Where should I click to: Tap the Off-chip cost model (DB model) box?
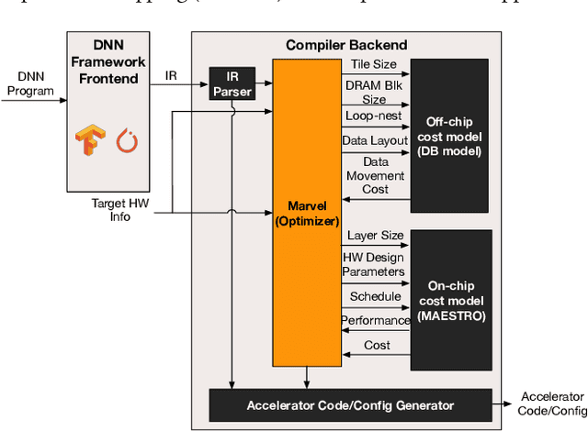pos(450,136)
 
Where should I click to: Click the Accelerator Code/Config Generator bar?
pos(350,404)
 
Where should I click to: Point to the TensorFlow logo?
pos(86,140)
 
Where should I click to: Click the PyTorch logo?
pos(125,141)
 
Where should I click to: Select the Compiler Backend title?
pos(346,45)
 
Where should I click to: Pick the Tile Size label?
pos(374,64)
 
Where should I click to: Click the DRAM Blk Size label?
pos(374,92)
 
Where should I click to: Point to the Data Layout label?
pos(374,142)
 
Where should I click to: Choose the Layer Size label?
pos(375,236)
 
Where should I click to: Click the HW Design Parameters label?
pos(373,264)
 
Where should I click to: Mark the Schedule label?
pos(375,297)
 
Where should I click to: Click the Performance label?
pos(376,321)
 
